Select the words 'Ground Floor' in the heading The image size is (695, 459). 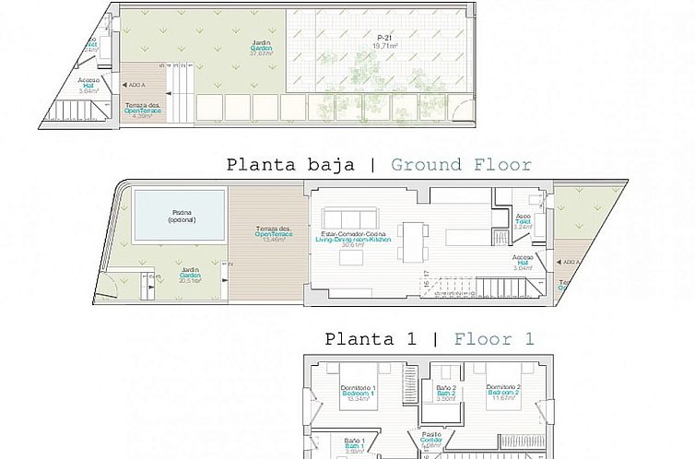point(461,166)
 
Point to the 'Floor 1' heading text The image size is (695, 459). point(494,339)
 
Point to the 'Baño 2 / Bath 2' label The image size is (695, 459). point(447,394)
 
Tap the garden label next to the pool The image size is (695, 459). point(191,277)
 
